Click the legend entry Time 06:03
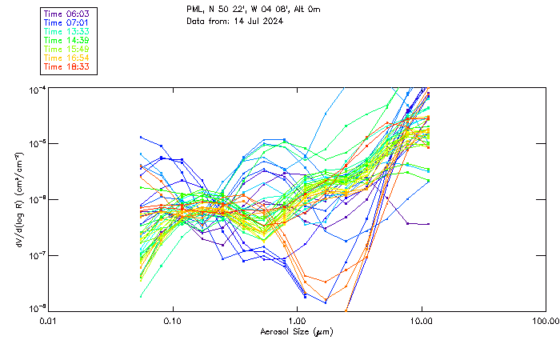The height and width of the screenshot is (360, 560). tap(67, 14)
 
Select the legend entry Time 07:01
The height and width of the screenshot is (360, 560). tap(67, 22)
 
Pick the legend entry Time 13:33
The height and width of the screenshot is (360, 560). tap(67, 31)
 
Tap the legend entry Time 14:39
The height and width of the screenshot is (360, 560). tap(67, 40)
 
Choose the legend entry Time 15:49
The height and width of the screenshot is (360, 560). tap(67, 49)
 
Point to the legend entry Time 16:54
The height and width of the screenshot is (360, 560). tap(67, 58)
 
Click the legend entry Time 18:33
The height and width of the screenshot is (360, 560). tap(67, 66)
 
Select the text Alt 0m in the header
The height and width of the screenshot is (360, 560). tap(298, 10)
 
